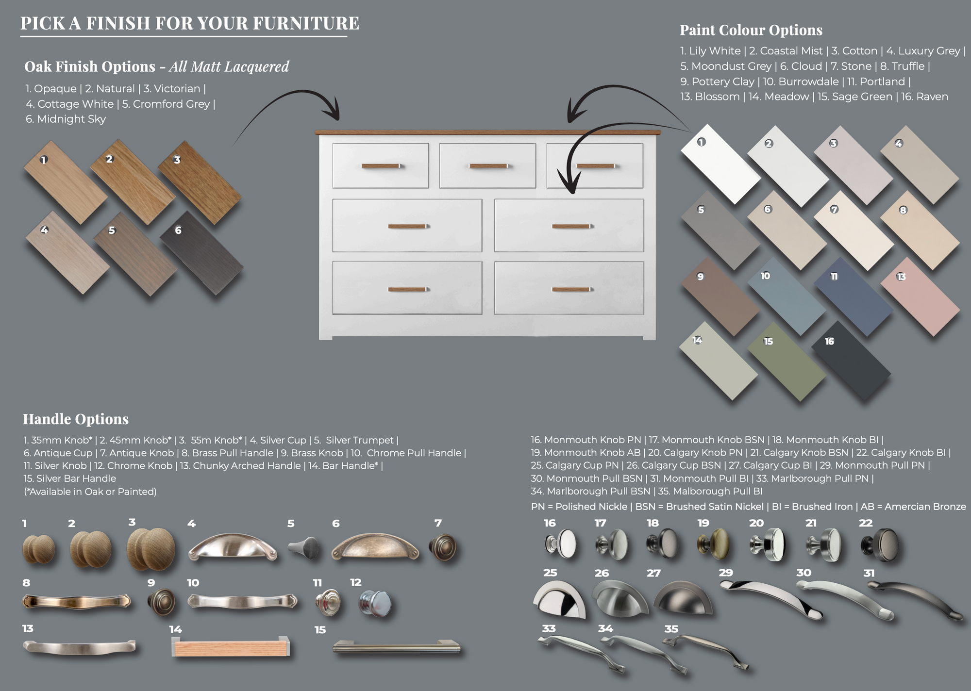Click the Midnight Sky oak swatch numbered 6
pos(201,253)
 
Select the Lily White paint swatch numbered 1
pos(720,164)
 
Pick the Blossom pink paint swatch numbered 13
pos(920,297)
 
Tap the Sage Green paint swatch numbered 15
pos(787,362)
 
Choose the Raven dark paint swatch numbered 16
pos(851,361)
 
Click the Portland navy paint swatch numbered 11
pos(854,296)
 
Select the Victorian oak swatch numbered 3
pos(200,182)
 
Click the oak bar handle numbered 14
pos(231,647)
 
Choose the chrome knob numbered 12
pos(375,603)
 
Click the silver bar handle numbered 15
pos(397,647)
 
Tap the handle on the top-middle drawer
pos(488,166)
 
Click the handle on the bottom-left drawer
pos(407,290)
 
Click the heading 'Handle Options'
pos(76,419)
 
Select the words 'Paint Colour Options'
pos(751,30)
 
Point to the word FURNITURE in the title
pos(306,23)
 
